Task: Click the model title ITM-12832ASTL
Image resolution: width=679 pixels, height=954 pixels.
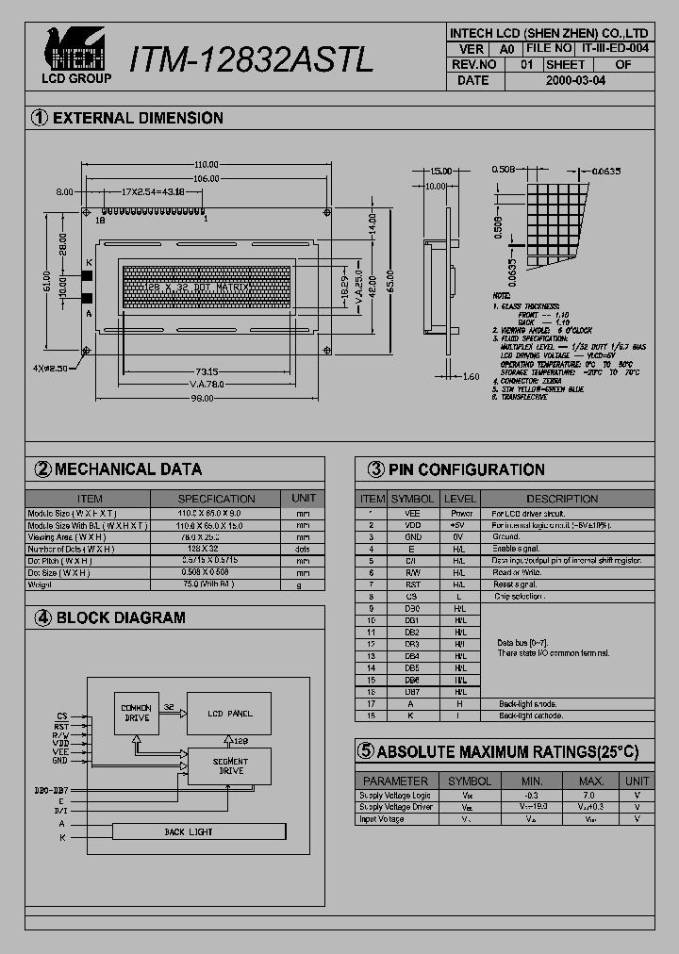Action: tap(251, 58)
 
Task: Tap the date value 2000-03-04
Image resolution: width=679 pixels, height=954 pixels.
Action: tap(576, 81)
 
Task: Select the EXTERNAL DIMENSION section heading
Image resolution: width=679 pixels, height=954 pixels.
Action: tap(138, 119)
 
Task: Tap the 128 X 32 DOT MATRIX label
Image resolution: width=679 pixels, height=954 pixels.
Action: tap(205, 286)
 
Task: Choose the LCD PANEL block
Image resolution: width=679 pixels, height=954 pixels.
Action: tap(228, 713)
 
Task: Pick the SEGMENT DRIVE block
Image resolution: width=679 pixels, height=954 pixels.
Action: tap(231, 765)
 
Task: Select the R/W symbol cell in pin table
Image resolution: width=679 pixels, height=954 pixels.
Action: tap(413, 572)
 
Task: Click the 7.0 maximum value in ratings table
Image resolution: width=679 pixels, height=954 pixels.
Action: tap(591, 796)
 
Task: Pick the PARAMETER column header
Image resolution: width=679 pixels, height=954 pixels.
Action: tap(395, 781)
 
